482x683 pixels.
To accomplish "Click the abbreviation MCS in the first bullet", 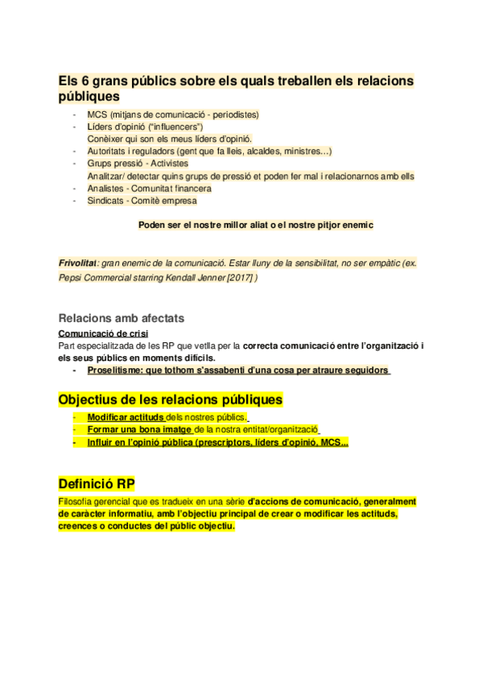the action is [97, 114].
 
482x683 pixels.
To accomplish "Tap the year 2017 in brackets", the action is [238, 276].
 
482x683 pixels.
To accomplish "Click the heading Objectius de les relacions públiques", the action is [170, 399].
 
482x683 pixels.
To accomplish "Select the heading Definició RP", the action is [97, 483].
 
